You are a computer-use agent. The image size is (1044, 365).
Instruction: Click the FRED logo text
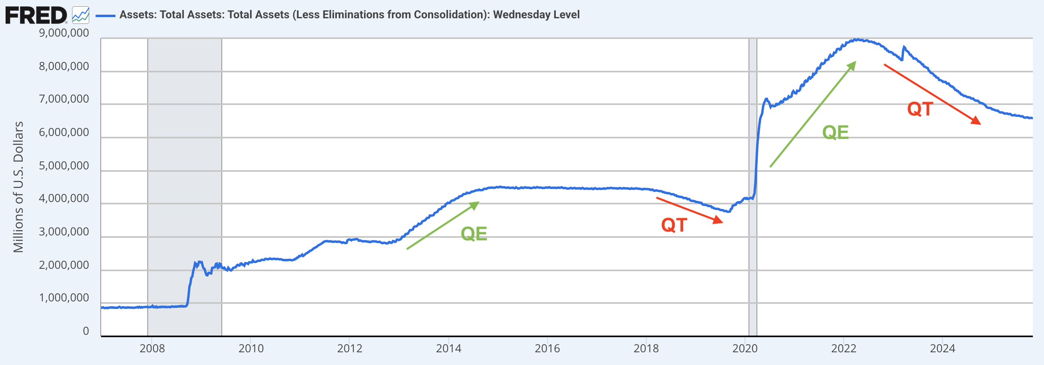pyautogui.click(x=36, y=16)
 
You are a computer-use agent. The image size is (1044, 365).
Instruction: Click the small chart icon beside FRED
pyautogui.click(x=81, y=16)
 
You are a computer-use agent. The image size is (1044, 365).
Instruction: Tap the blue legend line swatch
pyautogui.click(x=106, y=16)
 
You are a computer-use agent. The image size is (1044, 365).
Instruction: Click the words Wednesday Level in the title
pyautogui.click(x=536, y=15)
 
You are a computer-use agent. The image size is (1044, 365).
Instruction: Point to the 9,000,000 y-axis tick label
pyautogui.click(x=64, y=33)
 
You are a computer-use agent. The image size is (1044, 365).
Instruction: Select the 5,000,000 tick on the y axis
pyautogui.click(x=64, y=165)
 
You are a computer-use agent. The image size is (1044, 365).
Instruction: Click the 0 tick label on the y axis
pyautogui.click(x=86, y=331)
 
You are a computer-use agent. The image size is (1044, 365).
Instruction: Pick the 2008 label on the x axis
pyautogui.click(x=152, y=348)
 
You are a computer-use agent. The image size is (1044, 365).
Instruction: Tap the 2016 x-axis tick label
pyautogui.click(x=547, y=348)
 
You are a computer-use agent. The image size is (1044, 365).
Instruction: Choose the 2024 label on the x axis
pyautogui.click(x=942, y=348)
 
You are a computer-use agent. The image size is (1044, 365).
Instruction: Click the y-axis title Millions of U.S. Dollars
pyautogui.click(x=18, y=187)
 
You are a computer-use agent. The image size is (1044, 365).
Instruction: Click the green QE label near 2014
pyautogui.click(x=474, y=234)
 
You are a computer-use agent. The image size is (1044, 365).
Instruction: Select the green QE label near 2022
pyautogui.click(x=835, y=132)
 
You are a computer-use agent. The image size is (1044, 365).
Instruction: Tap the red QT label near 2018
pyautogui.click(x=674, y=225)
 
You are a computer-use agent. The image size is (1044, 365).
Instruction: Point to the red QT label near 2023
pyautogui.click(x=921, y=109)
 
